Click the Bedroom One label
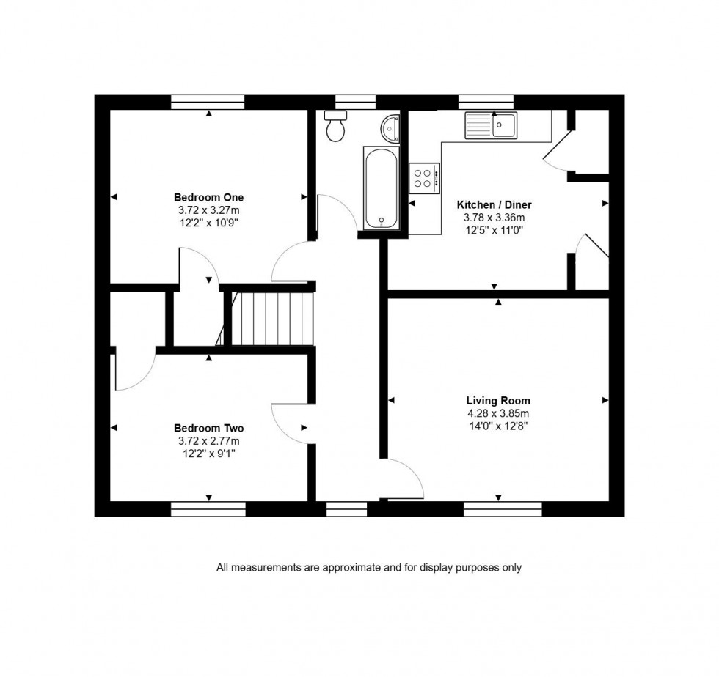pos(208,197)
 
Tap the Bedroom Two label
pos(208,428)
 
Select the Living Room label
pos(498,401)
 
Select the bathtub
pos(381,188)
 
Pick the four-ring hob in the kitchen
pos(425,177)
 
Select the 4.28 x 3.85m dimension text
pos(498,413)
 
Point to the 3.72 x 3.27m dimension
pos(208,210)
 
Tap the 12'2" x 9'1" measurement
pos(208,454)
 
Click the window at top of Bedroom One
pos(208,102)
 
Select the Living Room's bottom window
pos(503,508)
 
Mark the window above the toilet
pos(355,102)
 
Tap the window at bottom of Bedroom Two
pos(208,508)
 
